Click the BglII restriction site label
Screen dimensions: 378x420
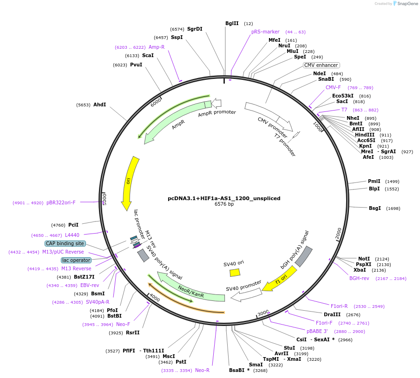point(232,23)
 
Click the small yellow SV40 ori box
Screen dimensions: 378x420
point(235,273)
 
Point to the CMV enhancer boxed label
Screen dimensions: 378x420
point(321,65)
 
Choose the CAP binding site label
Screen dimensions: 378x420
point(65,243)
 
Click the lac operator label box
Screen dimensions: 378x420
point(76,260)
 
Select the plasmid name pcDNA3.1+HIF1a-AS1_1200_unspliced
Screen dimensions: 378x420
point(224,198)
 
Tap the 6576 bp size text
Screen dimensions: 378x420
point(224,204)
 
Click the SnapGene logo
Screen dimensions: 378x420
point(405,4)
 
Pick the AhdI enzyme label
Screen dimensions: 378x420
point(99,104)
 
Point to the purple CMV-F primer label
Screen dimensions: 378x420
point(333,87)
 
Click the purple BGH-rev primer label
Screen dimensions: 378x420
point(359,278)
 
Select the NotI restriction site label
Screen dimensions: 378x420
point(364,259)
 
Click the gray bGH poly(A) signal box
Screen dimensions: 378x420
point(304,256)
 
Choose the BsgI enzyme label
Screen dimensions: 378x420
point(374,208)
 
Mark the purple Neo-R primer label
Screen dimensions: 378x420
point(202,370)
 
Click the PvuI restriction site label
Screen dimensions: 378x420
point(136,65)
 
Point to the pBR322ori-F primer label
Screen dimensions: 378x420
point(61,202)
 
